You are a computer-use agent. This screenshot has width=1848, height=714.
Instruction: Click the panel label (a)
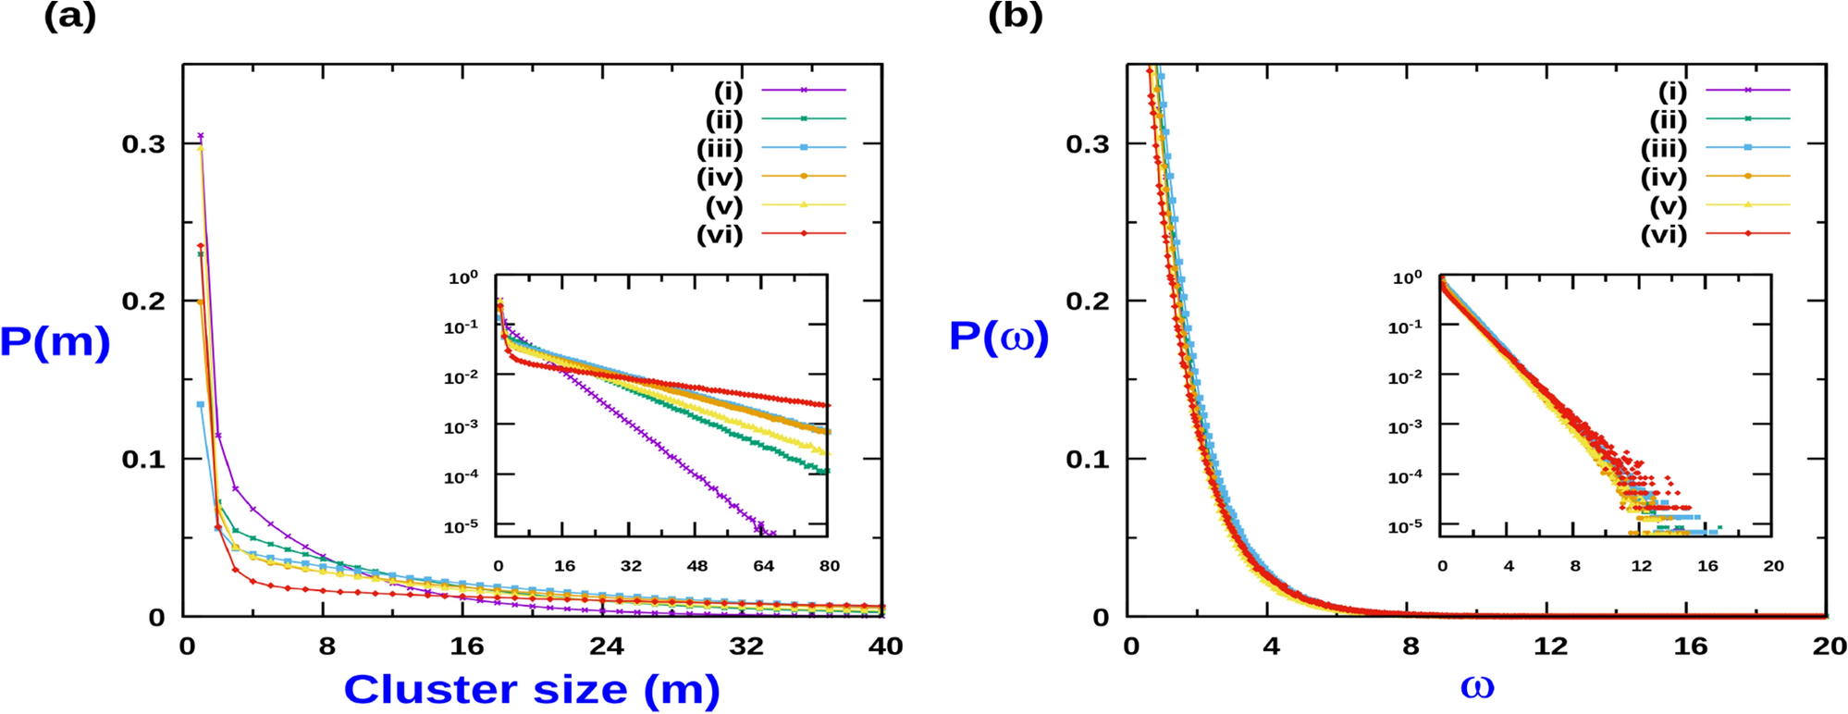click(x=70, y=17)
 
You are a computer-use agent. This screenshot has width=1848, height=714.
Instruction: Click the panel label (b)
click(x=1015, y=17)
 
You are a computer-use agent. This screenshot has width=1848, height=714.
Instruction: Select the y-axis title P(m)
click(x=55, y=342)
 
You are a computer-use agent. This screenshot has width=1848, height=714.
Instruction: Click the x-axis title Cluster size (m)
click(x=531, y=690)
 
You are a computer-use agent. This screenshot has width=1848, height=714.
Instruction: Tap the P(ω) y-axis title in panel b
click(x=999, y=337)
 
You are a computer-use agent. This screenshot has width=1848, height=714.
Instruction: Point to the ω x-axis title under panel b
click(x=1476, y=687)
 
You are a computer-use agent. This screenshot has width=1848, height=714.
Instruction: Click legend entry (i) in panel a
click(x=728, y=91)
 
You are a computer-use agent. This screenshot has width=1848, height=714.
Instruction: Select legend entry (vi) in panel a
click(x=720, y=234)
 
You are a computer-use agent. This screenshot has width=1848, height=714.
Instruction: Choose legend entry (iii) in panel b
click(x=1663, y=148)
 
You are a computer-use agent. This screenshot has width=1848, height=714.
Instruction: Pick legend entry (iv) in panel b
click(x=1663, y=177)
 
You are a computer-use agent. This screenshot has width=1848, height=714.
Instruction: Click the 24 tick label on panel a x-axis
click(x=607, y=646)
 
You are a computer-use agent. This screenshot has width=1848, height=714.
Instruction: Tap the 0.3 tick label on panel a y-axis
click(x=143, y=143)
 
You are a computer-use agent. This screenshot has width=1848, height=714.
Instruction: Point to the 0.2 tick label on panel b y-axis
click(x=1087, y=301)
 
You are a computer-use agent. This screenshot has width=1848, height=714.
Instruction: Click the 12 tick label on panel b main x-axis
click(x=1549, y=646)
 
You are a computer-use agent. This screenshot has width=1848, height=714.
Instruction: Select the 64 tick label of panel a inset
click(x=763, y=565)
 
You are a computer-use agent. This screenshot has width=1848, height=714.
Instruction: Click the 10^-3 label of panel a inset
click(x=461, y=426)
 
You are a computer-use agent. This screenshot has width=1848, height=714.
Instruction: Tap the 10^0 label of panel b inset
click(x=1407, y=277)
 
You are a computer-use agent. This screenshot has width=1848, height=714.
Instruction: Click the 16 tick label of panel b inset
click(x=1706, y=565)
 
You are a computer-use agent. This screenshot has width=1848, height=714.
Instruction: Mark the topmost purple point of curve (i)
click(x=201, y=136)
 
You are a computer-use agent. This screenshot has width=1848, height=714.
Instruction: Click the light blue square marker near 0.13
click(x=201, y=404)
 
